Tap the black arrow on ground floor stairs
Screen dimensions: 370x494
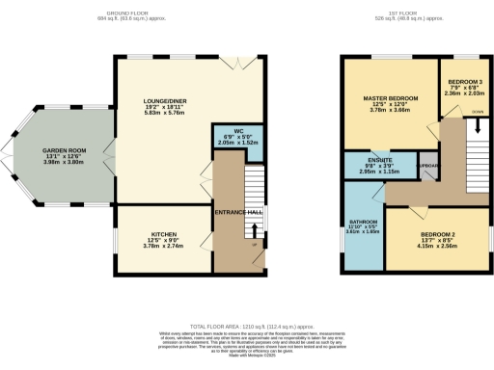point(255,229)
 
